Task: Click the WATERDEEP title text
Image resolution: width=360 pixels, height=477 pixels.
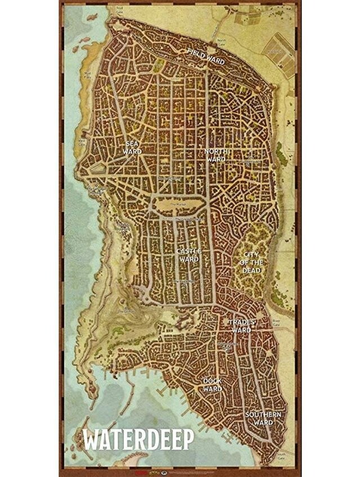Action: pyautogui.click(x=139, y=438)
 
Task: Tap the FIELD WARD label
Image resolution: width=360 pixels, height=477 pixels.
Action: pyautogui.click(x=206, y=57)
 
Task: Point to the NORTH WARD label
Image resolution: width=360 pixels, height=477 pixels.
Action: pyautogui.click(x=216, y=156)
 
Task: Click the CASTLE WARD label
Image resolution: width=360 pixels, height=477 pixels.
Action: pyautogui.click(x=189, y=254)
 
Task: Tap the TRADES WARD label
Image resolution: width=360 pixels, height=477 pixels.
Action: pyautogui.click(x=242, y=325)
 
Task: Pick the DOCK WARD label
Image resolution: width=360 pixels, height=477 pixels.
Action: pyautogui.click(x=212, y=385)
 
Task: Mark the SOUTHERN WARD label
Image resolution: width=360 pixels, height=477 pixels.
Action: pyautogui.click(x=263, y=418)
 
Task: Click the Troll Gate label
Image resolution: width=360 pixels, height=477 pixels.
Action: pyautogui.click(x=119, y=10)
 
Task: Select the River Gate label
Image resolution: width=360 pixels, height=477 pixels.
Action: pyautogui.click(x=276, y=323)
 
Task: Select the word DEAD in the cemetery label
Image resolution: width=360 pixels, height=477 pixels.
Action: pyautogui.click(x=251, y=270)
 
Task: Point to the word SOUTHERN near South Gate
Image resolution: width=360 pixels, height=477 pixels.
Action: pyautogui.click(x=263, y=414)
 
